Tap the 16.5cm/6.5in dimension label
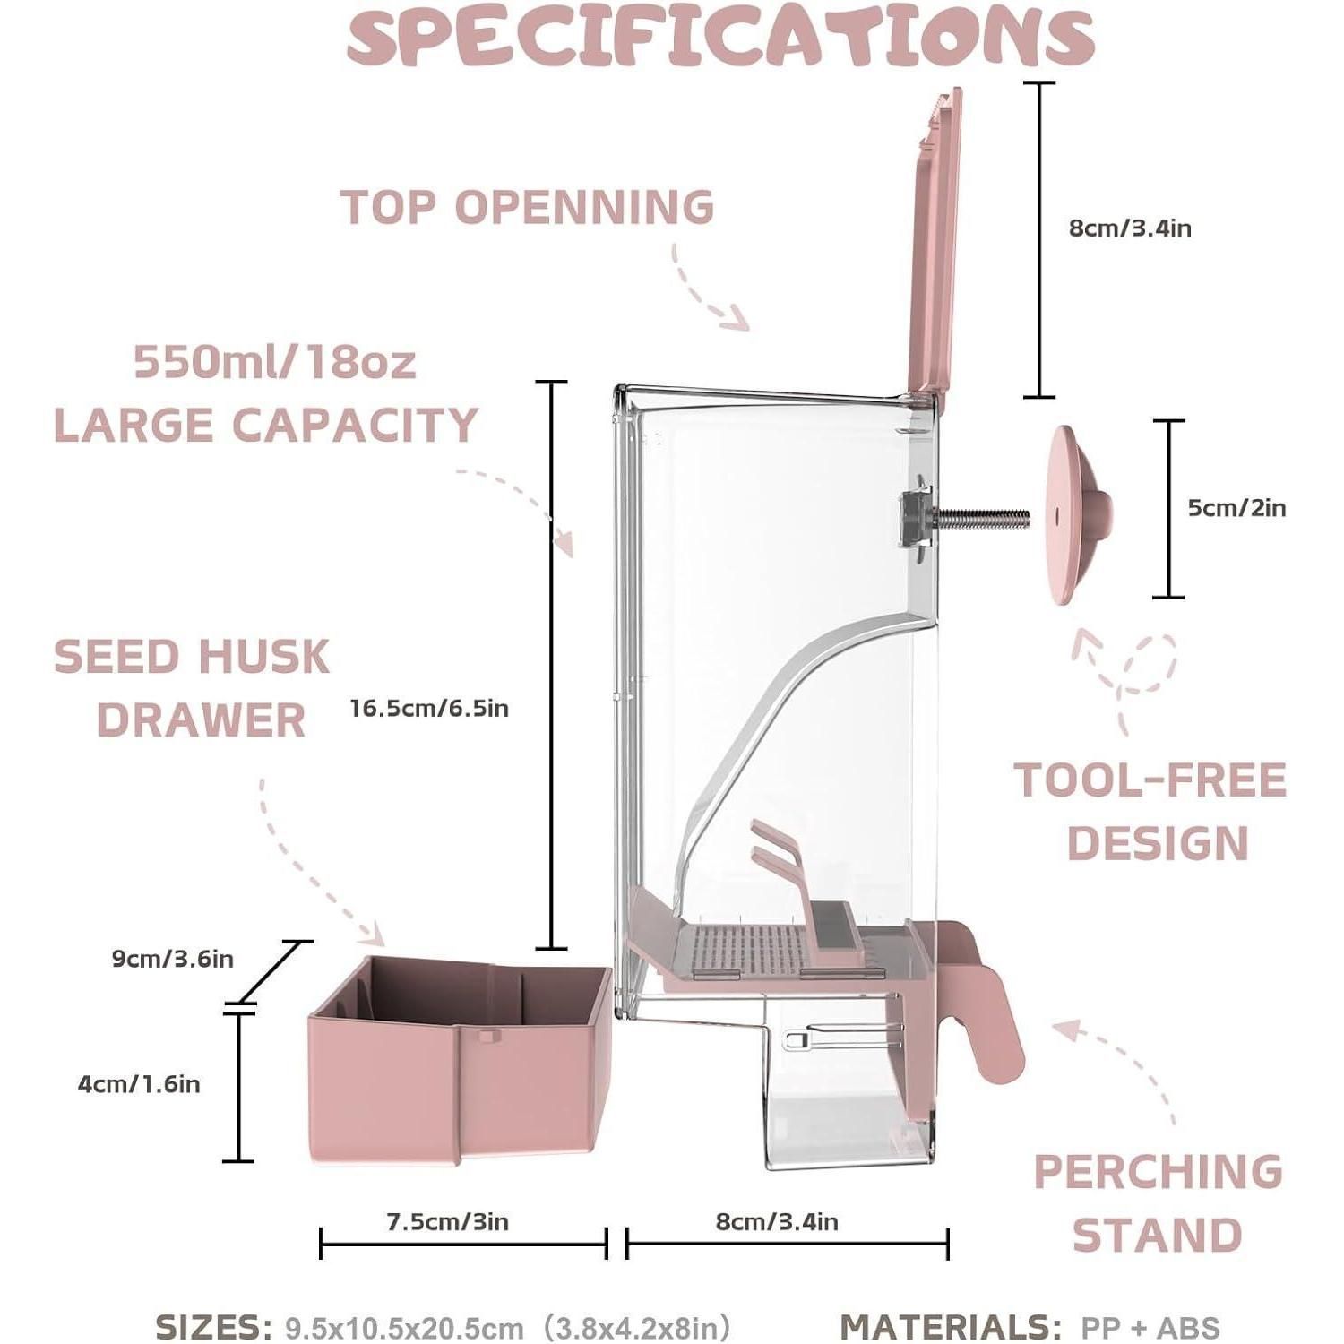pos(429,709)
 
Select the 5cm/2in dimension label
pos(1236,508)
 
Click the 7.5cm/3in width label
pos(447,1221)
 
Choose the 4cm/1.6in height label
pos(139,1084)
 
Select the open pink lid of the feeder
pos(935,242)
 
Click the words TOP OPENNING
pos(528,207)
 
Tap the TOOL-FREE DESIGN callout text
pos(1151,811)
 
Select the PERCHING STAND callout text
pos(1158,1203)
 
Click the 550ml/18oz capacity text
pos(275,363)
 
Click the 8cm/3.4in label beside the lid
pos(1130,228)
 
